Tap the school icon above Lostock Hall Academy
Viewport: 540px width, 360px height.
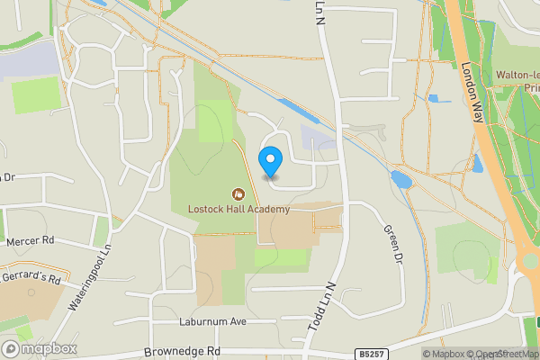pos(238,193)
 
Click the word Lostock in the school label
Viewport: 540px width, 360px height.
pos(206,210)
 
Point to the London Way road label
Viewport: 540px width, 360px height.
pos(473,91)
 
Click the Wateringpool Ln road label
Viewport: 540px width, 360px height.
pos(89,283)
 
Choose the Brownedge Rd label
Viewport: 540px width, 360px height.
pos(182,352)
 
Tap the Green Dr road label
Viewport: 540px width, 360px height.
pos(392,243)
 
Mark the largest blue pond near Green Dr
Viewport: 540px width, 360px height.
pos(400,179)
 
